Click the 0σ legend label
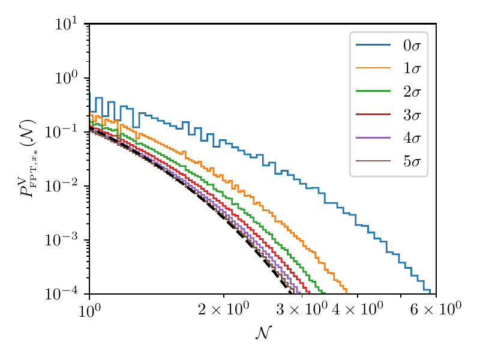(x=412, y=46)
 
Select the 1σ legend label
(x=412, y=69)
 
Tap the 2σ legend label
(x=412, y=92)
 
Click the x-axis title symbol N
(x=263, y=333)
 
